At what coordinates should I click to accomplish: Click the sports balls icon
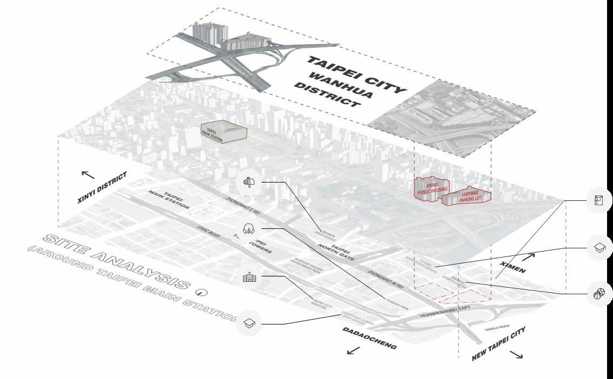click(599, 295)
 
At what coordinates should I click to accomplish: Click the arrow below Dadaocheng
click(353, 351)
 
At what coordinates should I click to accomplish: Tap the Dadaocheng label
click(370, 339)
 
